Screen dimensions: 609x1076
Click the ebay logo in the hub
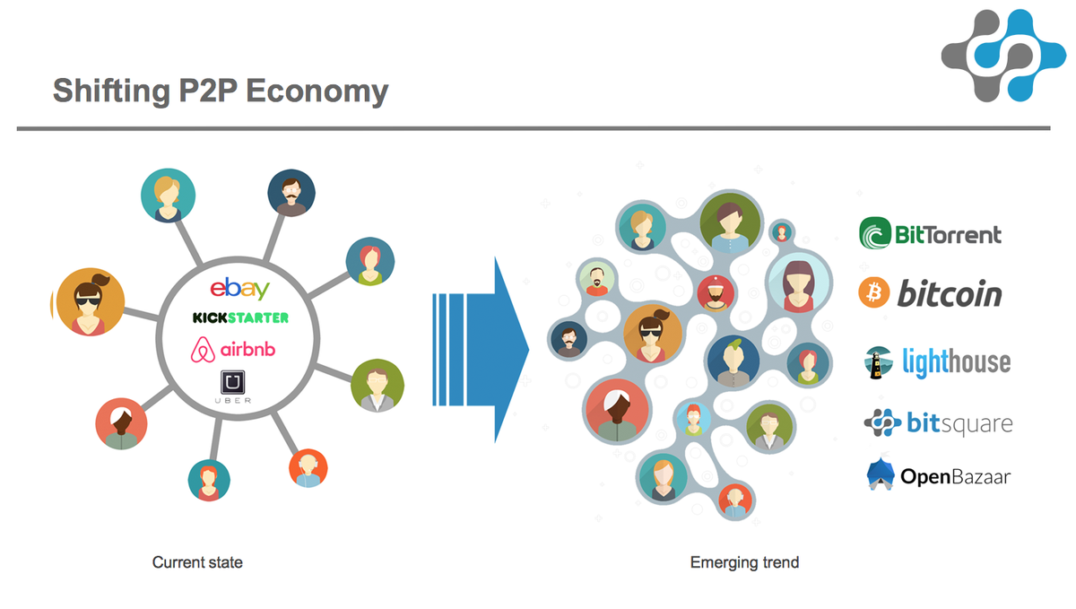(x=239, y=289)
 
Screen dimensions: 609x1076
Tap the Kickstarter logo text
(x=240, y=318)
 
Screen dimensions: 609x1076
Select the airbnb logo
(x=239, y=348)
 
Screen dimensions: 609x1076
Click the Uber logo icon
(x=233, y=384)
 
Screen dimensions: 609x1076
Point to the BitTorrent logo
(x=931, y=235)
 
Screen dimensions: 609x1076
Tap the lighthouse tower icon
(x=873, y=362)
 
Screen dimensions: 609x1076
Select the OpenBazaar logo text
(x=954, y=476)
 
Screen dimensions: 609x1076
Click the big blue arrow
(x=484, y=350)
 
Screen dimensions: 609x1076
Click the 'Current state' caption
(x=197, y=562)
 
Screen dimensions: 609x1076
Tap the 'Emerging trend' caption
(x=744, y=562)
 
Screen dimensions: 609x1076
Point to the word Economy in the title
(x=325, y=91)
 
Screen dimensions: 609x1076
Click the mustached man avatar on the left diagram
(x=291, y=193)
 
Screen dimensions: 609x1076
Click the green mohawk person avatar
(x=733, y=361)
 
